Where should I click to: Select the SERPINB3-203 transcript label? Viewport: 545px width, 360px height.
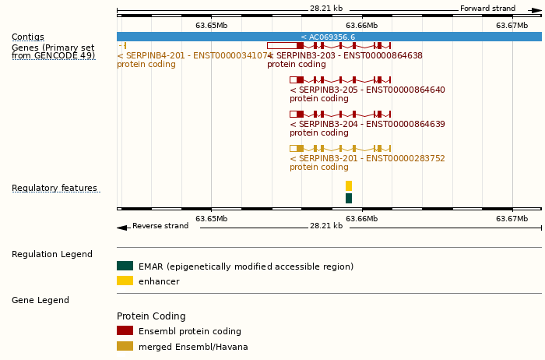pos(347,56)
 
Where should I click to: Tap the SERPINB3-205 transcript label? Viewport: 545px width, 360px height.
pos(367,90)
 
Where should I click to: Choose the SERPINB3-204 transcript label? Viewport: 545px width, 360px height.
pos(367,125)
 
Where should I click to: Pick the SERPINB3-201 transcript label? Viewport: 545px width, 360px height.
pos(367,159)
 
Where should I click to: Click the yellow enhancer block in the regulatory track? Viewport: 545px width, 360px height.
pos(349,186)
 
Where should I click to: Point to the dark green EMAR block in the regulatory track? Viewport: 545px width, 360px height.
pos(349,199)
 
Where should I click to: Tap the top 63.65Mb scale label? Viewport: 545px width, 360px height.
pos(211,26)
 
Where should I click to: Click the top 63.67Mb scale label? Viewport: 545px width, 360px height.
pos(512,26)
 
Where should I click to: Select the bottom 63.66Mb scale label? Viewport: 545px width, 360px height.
pos(361,219)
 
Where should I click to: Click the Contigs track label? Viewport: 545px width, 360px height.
pos(28,37)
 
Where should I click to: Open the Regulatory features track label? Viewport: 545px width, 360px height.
pos(54,189)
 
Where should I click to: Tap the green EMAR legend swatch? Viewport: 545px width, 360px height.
pos(125,266)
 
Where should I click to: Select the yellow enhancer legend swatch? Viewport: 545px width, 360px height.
pos(125,281)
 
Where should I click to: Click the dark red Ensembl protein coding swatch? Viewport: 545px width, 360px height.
pos(125,331)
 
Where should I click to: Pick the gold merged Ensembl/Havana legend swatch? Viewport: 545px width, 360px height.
pos(125,346)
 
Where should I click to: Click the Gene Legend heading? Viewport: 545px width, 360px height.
pos(40,300)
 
